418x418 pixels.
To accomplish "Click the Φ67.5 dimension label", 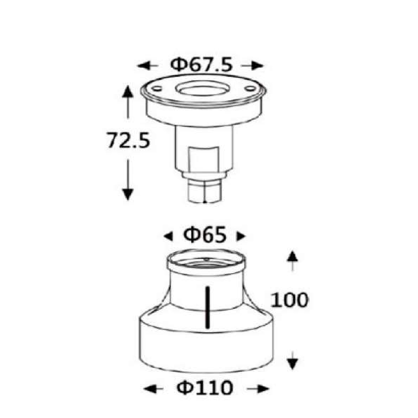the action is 201,65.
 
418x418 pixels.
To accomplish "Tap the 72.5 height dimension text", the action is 128,140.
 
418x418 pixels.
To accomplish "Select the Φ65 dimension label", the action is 205,235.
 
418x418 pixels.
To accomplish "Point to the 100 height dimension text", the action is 290,300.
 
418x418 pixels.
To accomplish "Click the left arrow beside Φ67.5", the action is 148,66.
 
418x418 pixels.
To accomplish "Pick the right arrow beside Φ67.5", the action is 252,66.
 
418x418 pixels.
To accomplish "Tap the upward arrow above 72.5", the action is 128,102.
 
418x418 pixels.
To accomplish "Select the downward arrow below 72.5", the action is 128,180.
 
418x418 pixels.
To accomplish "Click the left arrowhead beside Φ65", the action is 168,236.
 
